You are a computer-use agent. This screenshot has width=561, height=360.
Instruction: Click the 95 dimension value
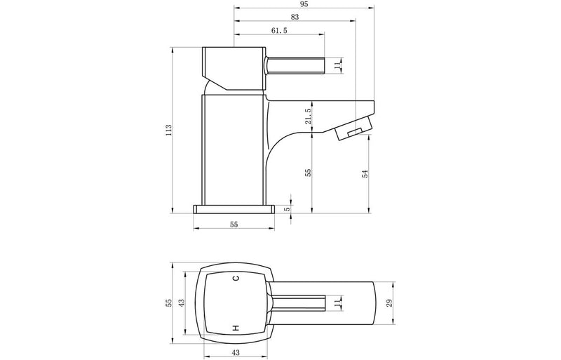click(x=302, y=5)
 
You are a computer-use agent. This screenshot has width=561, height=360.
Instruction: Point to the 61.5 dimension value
click(x=278, y=30)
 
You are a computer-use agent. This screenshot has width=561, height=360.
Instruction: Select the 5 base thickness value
click(x=288, y=209)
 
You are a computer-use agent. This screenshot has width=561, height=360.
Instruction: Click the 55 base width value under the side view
click(x=234, y=224)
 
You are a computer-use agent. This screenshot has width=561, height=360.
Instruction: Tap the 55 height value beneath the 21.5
click(x=308, y=173)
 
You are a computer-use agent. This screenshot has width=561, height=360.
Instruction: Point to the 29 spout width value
click(x=390, y=304)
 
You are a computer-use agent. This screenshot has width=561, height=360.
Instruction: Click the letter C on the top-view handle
click(x=236, y=280)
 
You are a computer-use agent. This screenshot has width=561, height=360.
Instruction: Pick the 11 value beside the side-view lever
click(x=337, y=65)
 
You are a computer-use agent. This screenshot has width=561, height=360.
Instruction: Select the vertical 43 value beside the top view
click(x=181, y=303)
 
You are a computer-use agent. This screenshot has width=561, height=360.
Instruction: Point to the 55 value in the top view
click(x=168, y=303)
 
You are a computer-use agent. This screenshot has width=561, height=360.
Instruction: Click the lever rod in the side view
click(x=295, y=65)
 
